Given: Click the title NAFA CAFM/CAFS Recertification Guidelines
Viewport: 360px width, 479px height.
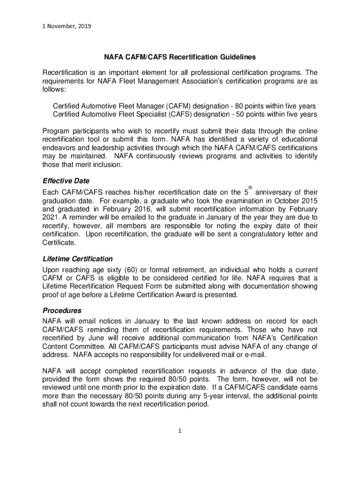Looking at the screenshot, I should (180, 58).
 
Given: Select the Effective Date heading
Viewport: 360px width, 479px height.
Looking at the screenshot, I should (65, 181).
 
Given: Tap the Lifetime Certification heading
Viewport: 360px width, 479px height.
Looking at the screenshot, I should (78, 259).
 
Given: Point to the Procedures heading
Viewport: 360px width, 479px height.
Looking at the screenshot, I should (62, 311).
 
